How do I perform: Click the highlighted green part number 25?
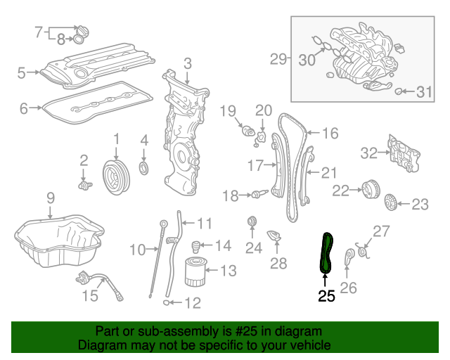[x=327, y=252]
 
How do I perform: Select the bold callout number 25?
[x=326, y=296]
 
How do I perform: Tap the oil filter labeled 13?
[x=198, y=272]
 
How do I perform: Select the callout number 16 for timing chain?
[x=330, y=132]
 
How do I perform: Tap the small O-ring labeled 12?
[x=166, y=303]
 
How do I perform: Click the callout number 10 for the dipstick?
[x=137, y=249]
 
